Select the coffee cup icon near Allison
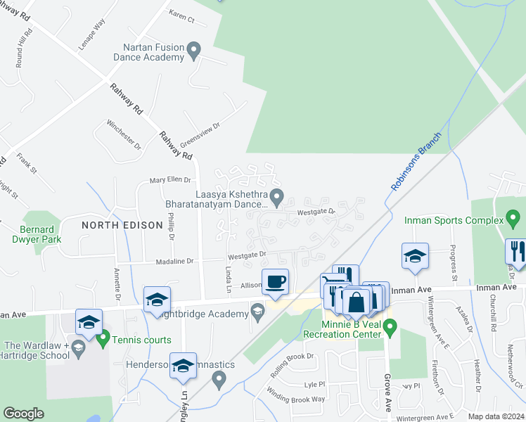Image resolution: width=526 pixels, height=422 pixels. [275, 281]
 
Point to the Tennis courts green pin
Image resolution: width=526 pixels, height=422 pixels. [103, 340]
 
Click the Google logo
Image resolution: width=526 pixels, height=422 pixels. [23, 414]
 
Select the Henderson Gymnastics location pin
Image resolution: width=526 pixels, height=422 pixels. [219, 381]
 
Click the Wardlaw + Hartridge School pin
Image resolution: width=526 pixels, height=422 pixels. [79, 347]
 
